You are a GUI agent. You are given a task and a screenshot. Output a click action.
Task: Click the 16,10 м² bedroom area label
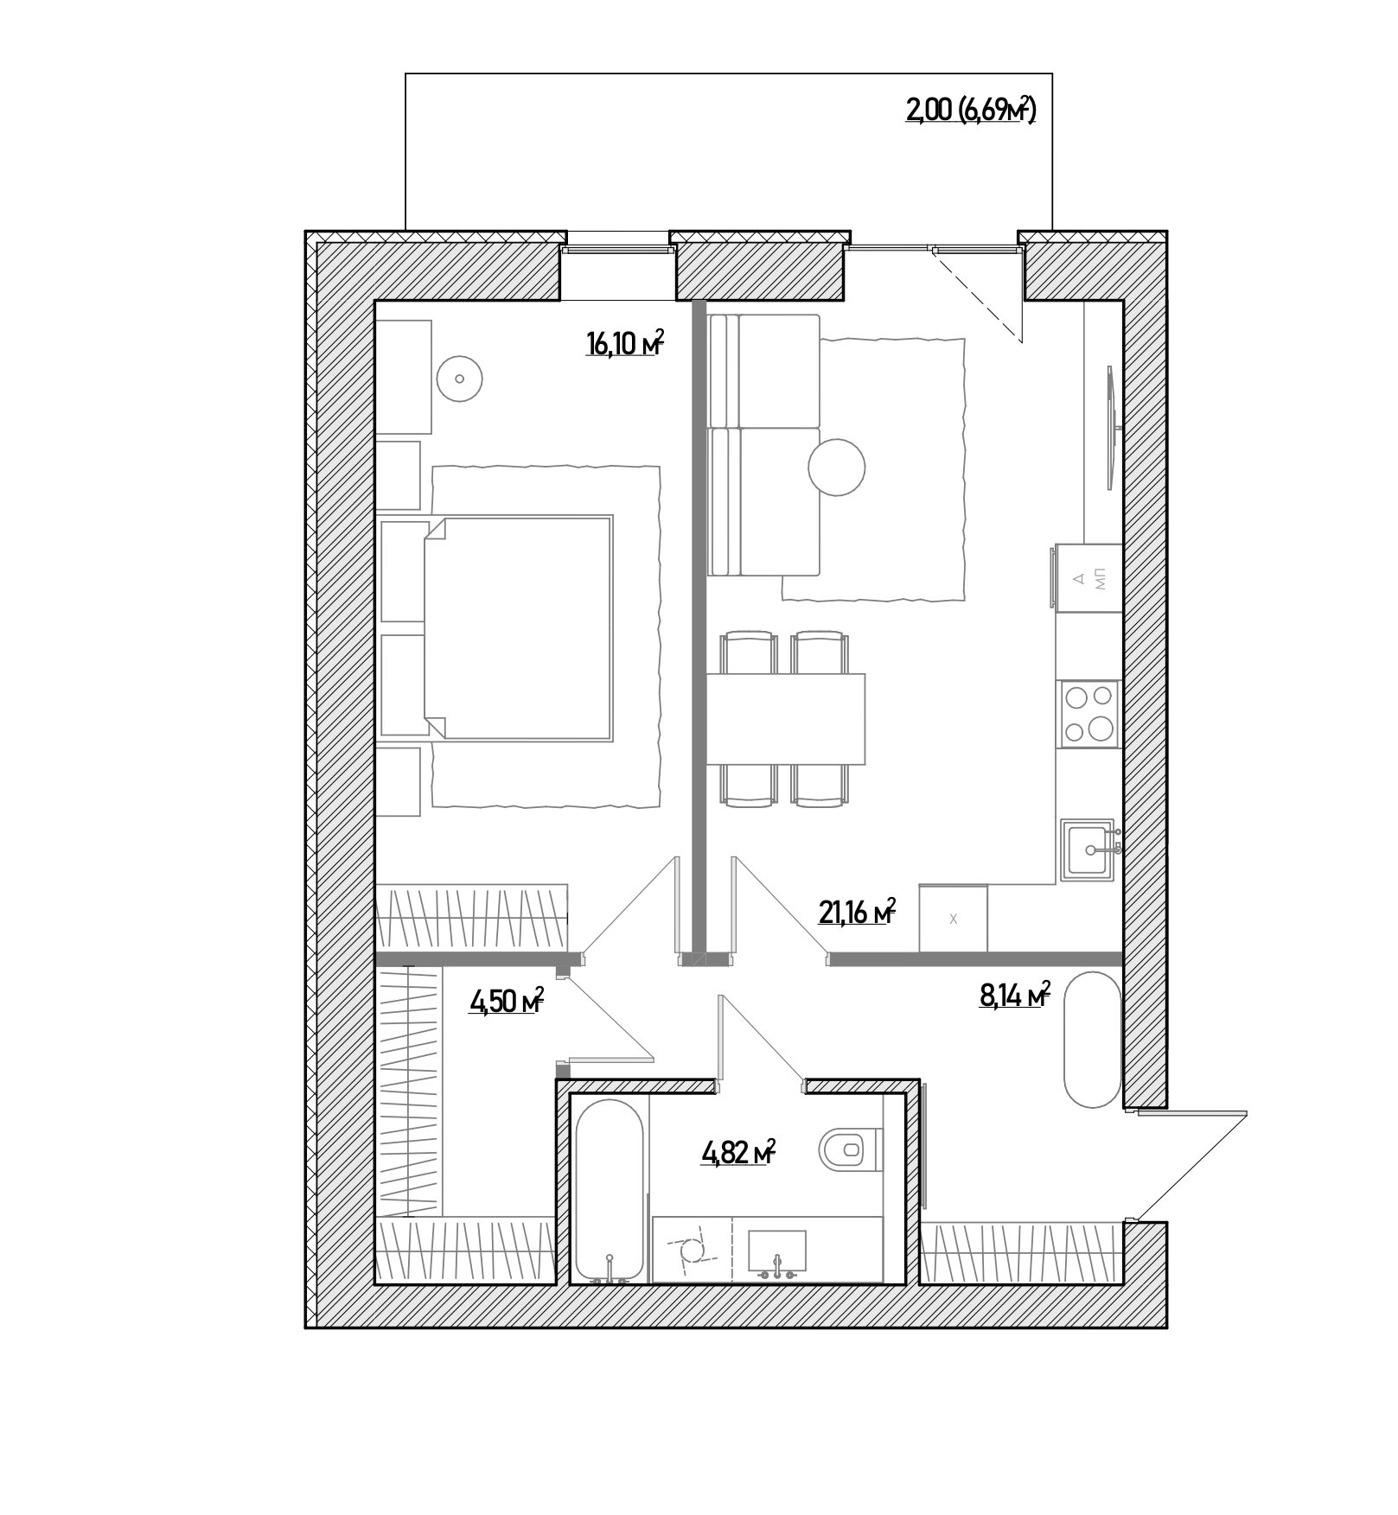624,343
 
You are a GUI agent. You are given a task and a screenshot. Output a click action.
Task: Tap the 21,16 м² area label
857,911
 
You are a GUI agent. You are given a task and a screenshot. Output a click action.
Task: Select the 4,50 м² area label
507,1001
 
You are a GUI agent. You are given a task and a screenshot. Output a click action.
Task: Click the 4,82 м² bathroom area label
737,1153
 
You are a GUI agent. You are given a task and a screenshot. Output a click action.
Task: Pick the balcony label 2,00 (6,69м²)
970,111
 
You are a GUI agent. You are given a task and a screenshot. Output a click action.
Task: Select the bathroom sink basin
776,1254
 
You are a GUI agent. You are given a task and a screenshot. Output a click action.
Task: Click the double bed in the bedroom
517,627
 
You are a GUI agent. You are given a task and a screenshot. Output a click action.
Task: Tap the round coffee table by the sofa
836,467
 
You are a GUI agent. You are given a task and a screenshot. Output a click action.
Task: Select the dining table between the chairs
786,719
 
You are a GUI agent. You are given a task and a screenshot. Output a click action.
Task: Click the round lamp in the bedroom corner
459,379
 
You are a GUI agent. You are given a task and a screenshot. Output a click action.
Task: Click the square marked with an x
954,919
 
